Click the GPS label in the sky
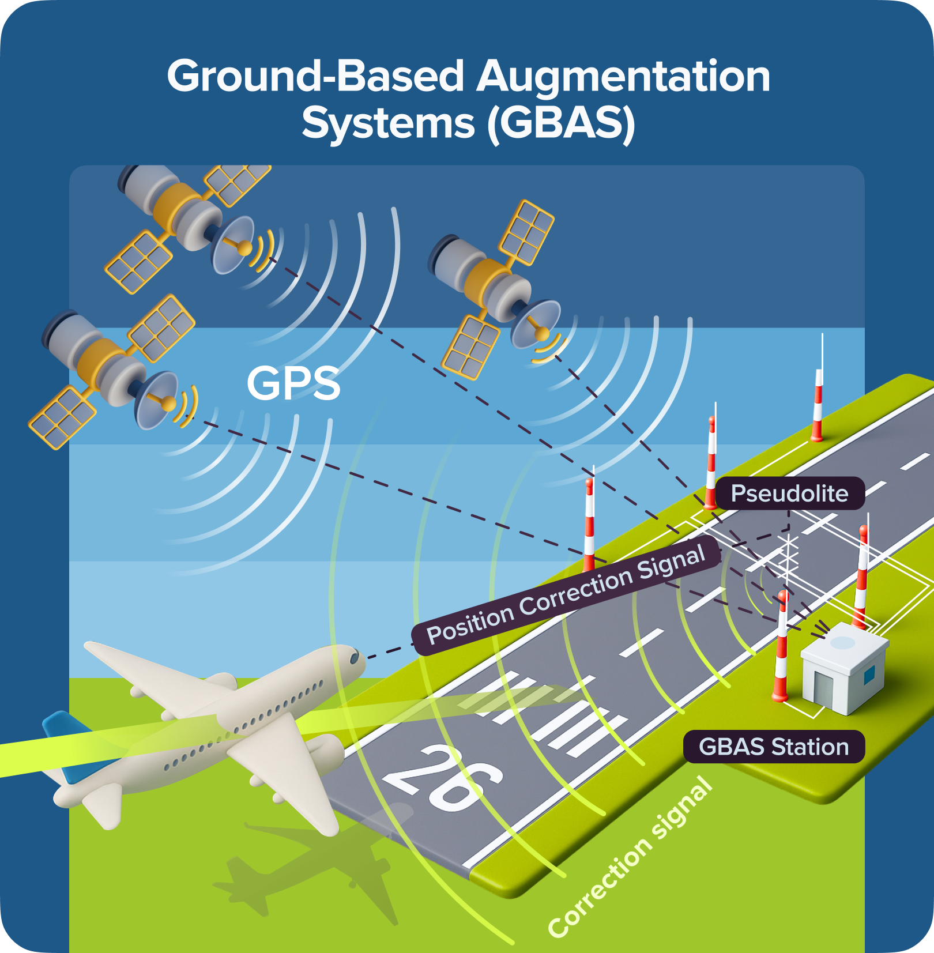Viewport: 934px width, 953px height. (293, 383)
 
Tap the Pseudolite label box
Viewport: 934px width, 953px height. (789, 494)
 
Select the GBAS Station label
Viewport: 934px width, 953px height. (773, 747)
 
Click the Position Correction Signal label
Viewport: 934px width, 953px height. (566, 596)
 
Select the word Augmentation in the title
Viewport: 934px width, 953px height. (623, 77)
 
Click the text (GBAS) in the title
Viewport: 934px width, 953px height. (560, 123)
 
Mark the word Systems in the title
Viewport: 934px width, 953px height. (388, 123)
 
